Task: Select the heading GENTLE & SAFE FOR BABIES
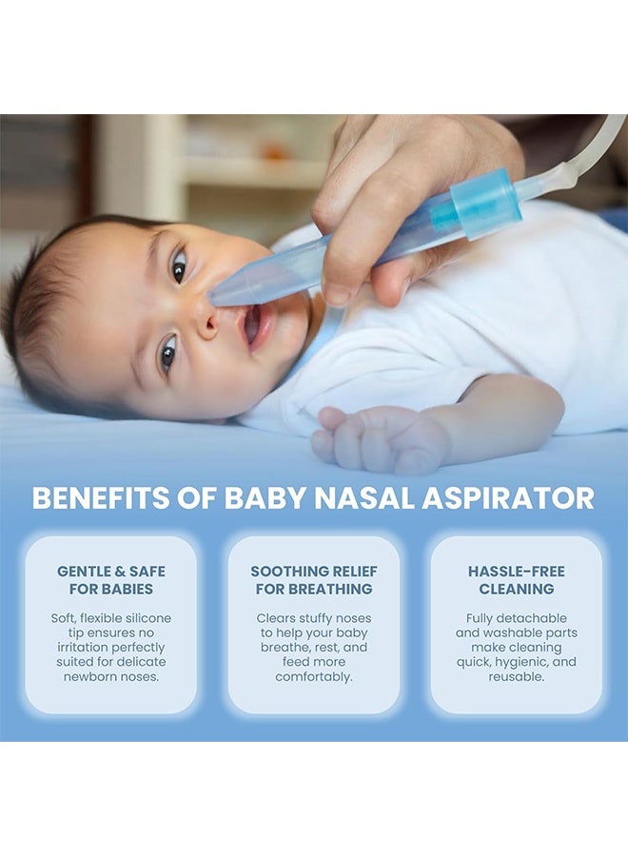pyautogui.click(x=111, y=580)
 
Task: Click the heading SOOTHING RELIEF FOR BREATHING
pyautogui.click(x=314, y=580)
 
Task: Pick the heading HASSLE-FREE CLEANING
pyautogui.click(x=517, y=580)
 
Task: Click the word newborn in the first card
pyautogui.click(x=88, y=676)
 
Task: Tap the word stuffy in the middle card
pyautogui.click(x=317, y=618)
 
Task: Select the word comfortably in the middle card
pyautogui.click(x=314, y=676)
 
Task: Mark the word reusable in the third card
pyautogui.click(x=517, y=676)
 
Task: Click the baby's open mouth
pyautogui.click(x=252, y=325)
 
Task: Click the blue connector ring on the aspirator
pyautogui.click(x=485, y=204)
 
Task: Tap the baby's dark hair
pyautogui.click(x=38, y=304)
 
